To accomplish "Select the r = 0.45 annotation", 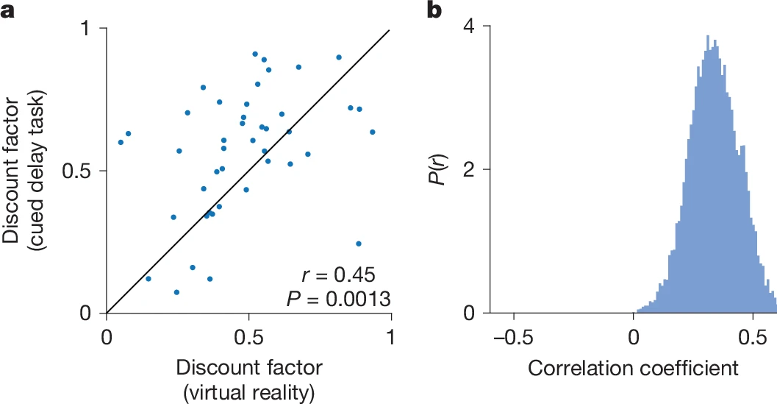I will point(338,276).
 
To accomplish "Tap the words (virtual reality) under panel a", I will point(248,392).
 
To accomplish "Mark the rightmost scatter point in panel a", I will point(372,132).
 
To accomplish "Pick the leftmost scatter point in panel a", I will point(121,142).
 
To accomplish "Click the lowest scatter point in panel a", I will point(176,292).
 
